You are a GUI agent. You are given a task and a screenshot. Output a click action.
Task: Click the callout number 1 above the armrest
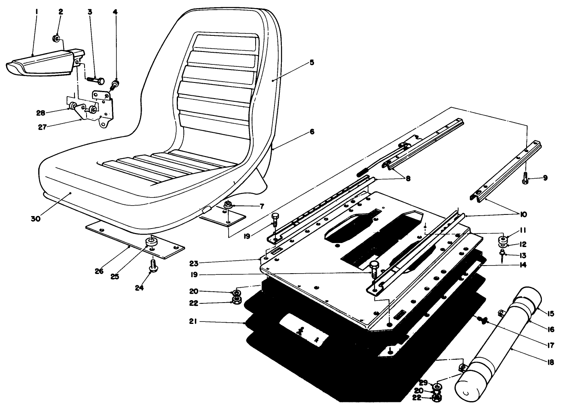pyautogui.click(x=36, y=12)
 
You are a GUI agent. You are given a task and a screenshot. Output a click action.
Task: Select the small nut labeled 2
pyautogui.click(x=57, y=39)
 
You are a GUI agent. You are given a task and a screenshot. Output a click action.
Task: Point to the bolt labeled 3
pyautogui.click(x=96, y=80)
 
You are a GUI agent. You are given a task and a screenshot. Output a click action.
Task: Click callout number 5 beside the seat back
pyautogui.click(x=312, y=63)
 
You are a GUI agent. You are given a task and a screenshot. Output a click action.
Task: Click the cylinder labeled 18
pyautogui.click(x=495, y=350)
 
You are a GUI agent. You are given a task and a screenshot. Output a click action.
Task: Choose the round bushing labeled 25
pyautogui.click(x=152, y=242)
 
